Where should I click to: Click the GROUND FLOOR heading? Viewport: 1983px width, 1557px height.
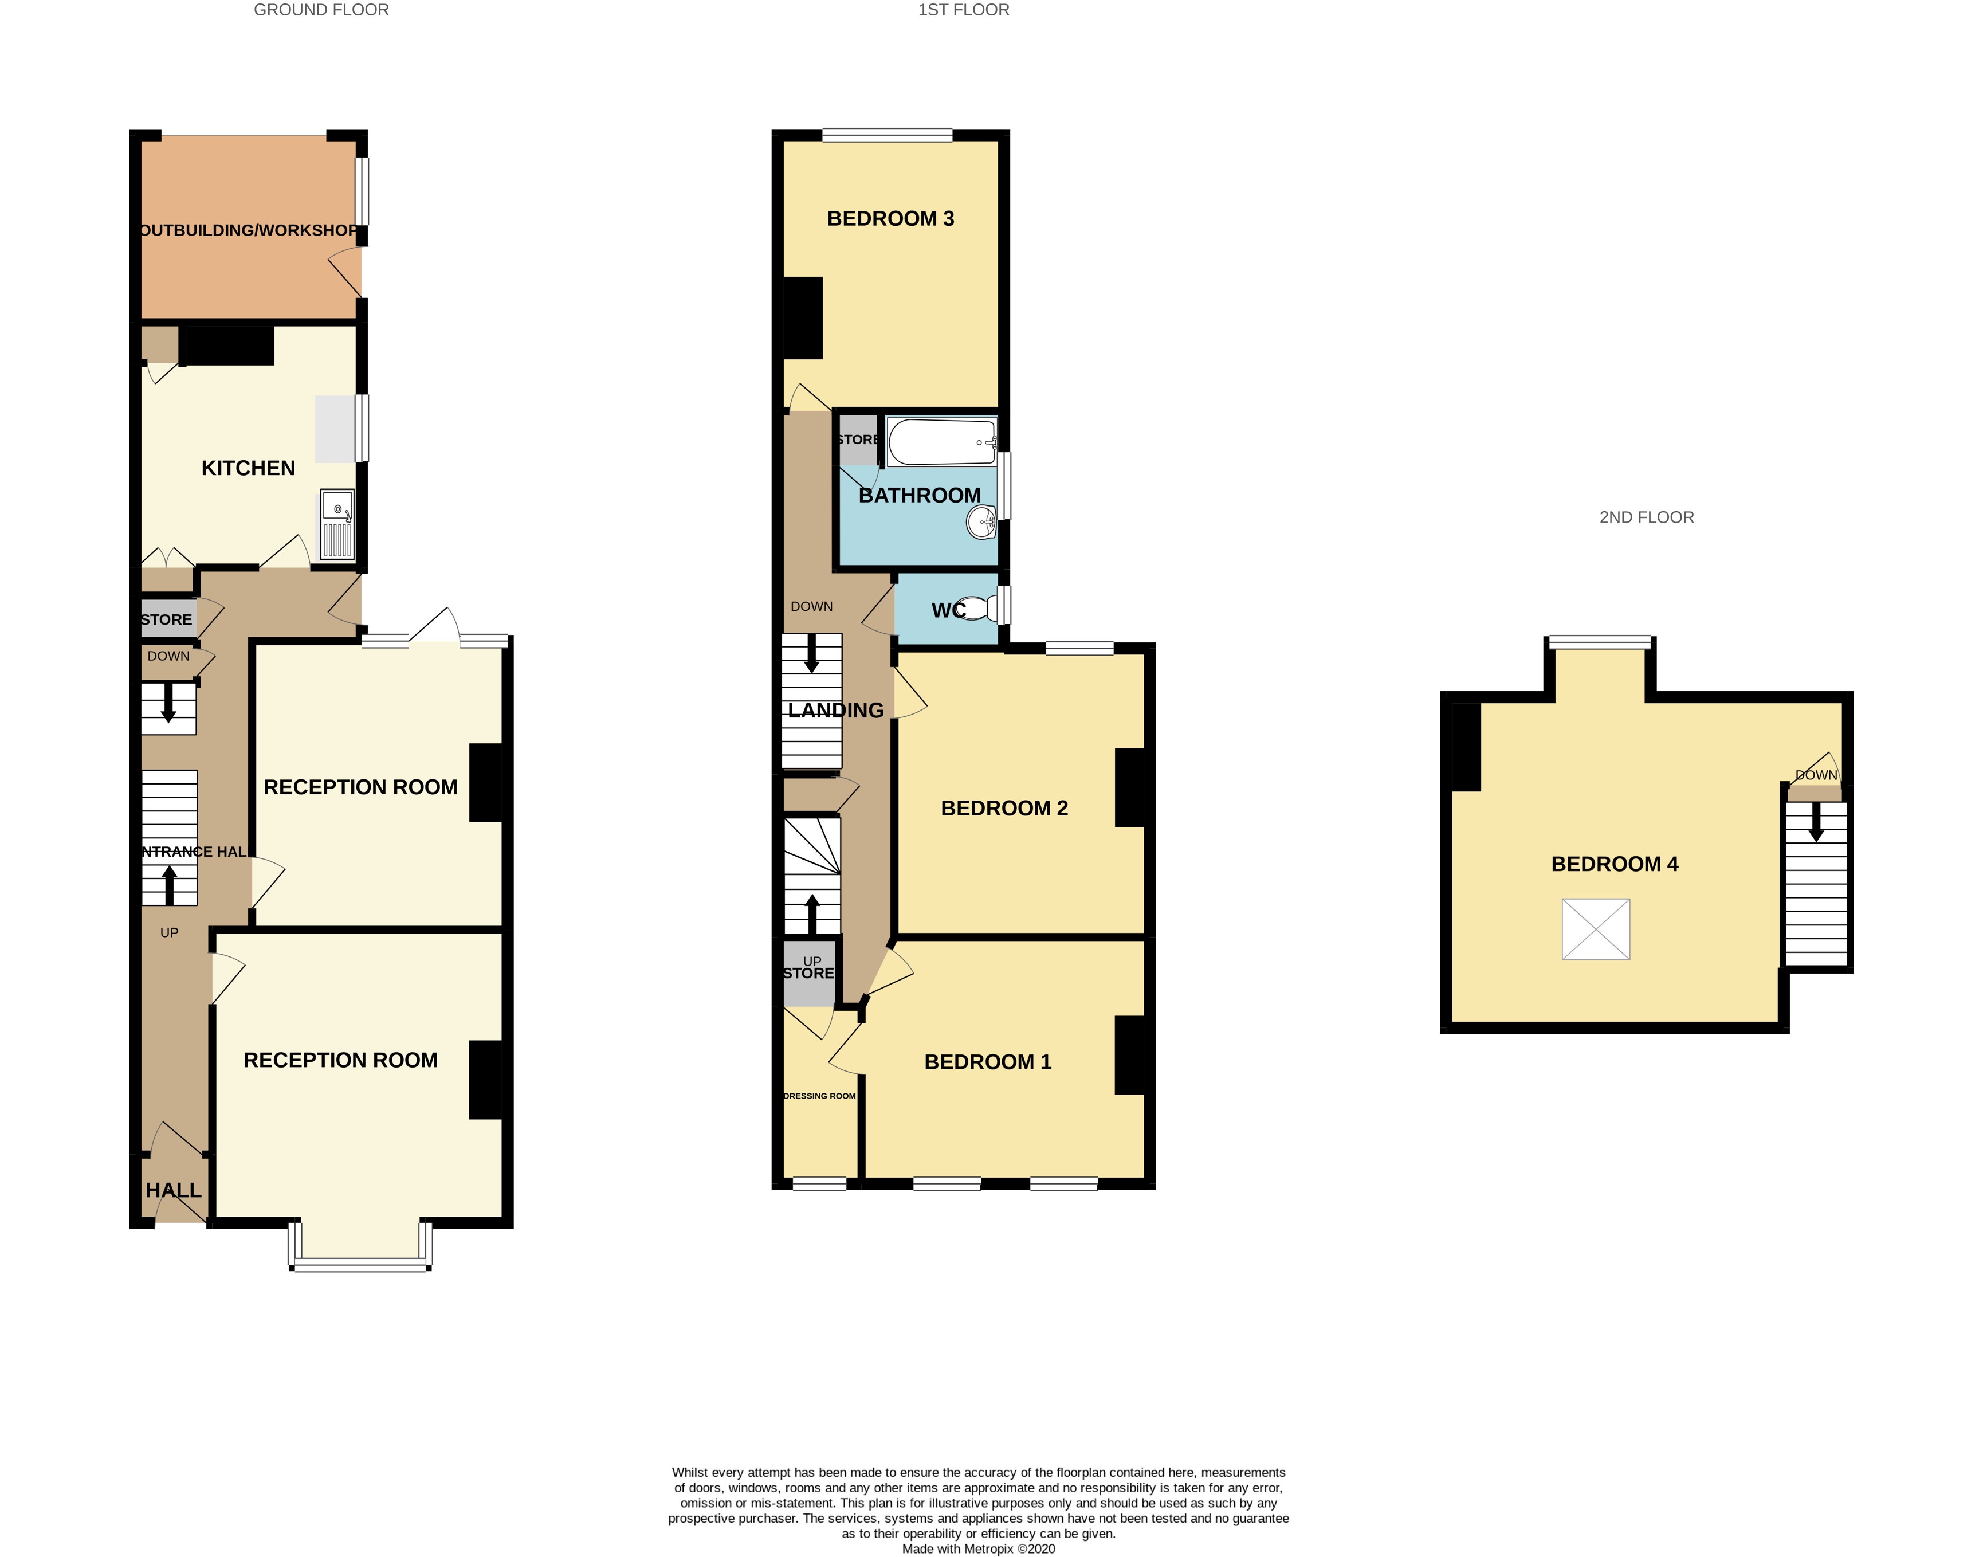pyautogui.click(x=321, y=10)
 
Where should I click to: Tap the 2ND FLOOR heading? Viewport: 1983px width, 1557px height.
pyautogui.click(x=1646, y=517)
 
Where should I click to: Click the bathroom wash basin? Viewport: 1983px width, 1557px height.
pyautogui.click(x=981, y=523)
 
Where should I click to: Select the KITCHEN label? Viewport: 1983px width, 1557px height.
pyautogui.click(x=248, y=468)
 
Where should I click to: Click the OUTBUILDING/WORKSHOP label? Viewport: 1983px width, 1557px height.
pyautogui.click(x=248, y=230)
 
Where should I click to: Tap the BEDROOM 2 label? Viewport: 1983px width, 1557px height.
pyautogui.click(x=1003, y=807)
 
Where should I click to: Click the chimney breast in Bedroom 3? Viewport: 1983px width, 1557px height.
pyautogui.click(x=803, y=317)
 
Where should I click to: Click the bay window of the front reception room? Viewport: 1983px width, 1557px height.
pyautogui.click(x=360, y=1264)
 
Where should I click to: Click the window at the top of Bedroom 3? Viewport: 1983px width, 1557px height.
pyautogui.click(x=887, y=135)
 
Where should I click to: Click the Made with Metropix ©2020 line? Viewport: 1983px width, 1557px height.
pyautogui.click(x=978, y=1548)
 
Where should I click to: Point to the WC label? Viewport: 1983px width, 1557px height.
pyautogui.click(x=947, y=610)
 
